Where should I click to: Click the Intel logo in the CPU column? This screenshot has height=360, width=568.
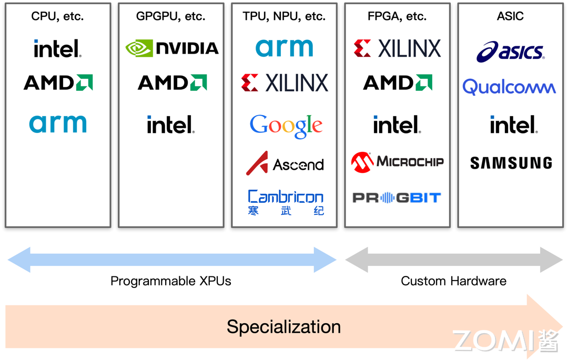(57, 49)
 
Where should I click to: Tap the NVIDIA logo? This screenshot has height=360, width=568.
(172, 48)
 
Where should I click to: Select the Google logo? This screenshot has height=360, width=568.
(286, 126)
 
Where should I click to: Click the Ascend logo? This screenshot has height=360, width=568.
(285, 163)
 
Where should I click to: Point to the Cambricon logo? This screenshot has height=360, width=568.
(286, 202)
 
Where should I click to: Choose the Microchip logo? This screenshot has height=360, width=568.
(398, 162)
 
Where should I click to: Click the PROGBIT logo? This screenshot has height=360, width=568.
(397, 198)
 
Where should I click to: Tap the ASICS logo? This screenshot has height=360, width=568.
(510, 52)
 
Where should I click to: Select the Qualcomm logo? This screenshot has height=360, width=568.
(509, 87)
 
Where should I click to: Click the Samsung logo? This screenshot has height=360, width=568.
(511, 163)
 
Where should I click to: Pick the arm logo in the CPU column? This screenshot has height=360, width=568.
(58, 124)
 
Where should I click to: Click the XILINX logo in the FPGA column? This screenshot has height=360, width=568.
(398, 48)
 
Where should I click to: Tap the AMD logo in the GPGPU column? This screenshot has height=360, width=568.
(172, 83)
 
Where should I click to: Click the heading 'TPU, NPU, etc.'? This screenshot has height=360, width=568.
(284, 16)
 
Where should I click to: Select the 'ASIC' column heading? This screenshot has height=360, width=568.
(510, 16)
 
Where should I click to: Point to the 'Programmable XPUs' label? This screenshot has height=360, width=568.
(170, 281)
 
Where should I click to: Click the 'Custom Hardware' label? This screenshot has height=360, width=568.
(453, 281)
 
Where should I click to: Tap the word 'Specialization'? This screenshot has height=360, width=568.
(283, 326)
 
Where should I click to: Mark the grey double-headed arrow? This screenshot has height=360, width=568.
(454, 260)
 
